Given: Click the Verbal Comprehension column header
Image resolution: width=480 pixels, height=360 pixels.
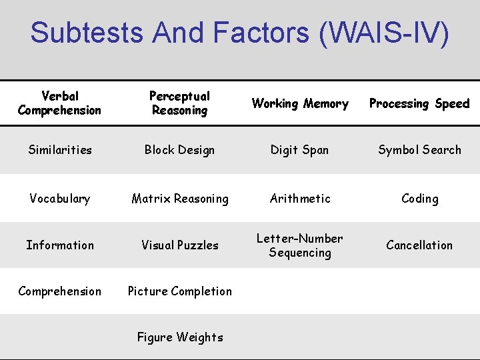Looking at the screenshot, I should (x=60, y=103).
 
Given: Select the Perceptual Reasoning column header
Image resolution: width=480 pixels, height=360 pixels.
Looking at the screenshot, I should (x=179, y=103).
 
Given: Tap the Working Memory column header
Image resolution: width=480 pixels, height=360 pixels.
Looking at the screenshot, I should (x=300, y=103).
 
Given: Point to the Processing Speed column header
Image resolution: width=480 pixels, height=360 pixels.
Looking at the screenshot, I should (x=419, y=103).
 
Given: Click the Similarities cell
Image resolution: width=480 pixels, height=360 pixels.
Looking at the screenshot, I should (x=60, y=150).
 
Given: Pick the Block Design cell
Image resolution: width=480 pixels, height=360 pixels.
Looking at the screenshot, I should (x=179, y=150).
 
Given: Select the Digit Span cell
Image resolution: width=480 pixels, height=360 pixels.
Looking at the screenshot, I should (x=299, y=150).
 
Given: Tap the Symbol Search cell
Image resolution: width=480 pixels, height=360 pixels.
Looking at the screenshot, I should (x=419, y=150).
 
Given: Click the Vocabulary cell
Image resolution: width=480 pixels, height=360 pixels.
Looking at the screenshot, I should (x=60, y=199).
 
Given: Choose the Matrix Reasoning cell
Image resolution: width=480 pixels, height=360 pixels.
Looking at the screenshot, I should (x=180, y=199).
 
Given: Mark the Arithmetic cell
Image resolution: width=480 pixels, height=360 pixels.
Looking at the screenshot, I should (x=300, y=199).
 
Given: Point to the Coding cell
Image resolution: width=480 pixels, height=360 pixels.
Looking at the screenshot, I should (x=419, y=199).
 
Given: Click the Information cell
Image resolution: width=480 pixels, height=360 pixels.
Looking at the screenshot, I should (x=60, y=245).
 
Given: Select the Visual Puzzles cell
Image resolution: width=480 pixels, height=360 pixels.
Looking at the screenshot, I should (x=180, y=245).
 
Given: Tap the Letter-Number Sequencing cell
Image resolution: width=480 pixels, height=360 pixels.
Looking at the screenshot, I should (x=300, y=245).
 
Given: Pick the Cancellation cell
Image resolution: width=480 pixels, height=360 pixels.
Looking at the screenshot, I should (x=419, y=245).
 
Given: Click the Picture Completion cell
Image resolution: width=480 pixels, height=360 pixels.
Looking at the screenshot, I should (x=180, y=291).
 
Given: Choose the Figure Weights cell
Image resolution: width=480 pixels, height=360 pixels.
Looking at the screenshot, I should (x=180, y=337).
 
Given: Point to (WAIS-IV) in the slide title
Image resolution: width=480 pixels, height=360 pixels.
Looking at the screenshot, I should (x=384, y=32).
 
